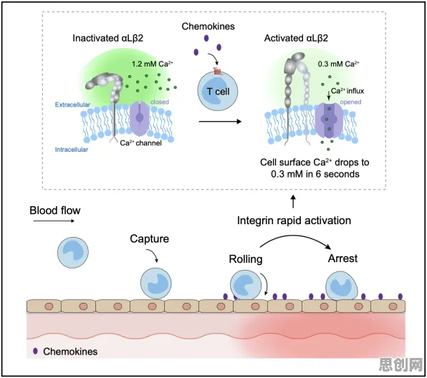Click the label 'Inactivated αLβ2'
pos(108,38)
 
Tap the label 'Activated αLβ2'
pos(296,38)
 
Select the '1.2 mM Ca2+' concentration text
pos(153,64)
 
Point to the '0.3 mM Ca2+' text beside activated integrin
pos(338,64)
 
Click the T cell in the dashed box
pos(218,92)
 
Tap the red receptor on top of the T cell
pos(218,72)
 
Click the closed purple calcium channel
pos(140,117)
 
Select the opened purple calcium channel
pos(329,120)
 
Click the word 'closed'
pos(160,102)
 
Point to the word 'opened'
pos(350,102)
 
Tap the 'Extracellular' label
pos(72,105)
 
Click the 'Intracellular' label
pos(72,150)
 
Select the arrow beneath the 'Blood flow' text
pos(54,221)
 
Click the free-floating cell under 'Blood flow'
pos(73,253)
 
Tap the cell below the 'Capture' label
pos(156,283)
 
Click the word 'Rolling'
pos(246,259)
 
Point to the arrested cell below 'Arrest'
pos(342,286)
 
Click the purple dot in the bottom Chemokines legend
pos(35,351)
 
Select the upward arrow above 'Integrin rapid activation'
pos(293,201)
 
